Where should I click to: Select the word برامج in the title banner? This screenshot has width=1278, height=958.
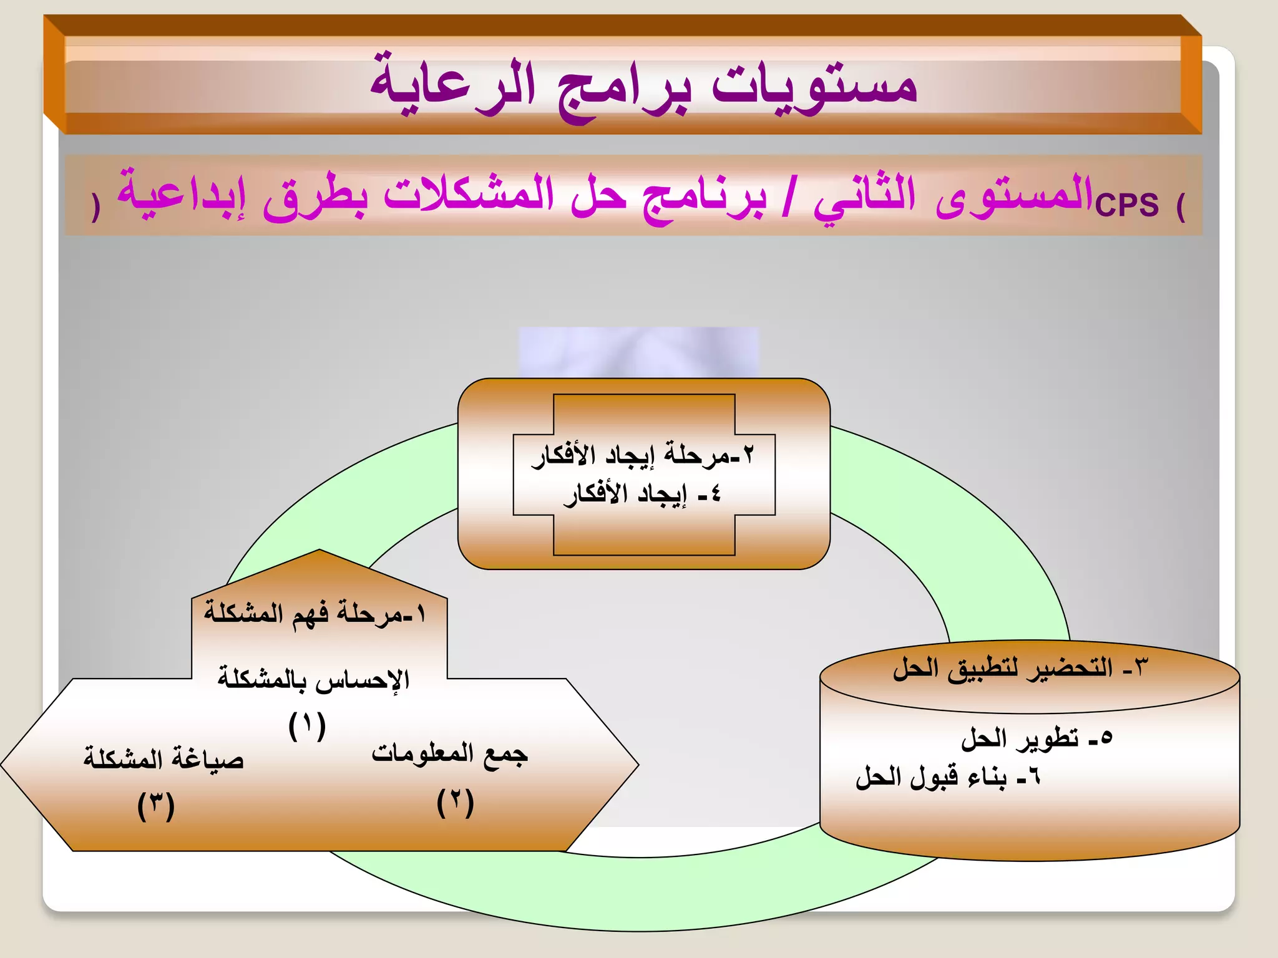624,90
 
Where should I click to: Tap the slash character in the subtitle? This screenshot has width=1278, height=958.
789,196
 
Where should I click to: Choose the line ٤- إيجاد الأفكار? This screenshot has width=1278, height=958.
643,495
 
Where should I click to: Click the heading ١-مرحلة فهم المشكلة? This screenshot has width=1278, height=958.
315,614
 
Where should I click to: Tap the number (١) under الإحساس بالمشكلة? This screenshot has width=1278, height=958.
307,725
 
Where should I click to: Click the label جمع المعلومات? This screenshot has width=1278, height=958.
449,753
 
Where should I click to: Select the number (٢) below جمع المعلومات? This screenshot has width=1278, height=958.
456,803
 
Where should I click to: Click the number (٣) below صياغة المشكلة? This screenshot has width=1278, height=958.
156,806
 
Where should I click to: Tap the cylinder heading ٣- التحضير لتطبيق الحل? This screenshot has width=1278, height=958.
1020,668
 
